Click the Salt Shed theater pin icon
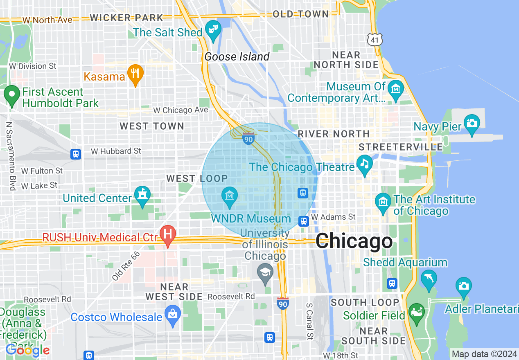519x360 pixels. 213,29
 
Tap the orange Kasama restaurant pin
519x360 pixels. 135,74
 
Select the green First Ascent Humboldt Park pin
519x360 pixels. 11,95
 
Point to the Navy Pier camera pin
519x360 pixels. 472,124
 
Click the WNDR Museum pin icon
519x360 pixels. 230,196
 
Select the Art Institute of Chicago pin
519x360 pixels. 384,202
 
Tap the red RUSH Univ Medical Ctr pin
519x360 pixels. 167,235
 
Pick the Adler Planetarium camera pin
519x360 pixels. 463,286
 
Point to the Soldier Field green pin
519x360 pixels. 417,312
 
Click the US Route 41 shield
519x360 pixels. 375,39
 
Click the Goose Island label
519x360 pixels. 237,56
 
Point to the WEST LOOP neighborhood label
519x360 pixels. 197,178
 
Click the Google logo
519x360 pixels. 27,350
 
